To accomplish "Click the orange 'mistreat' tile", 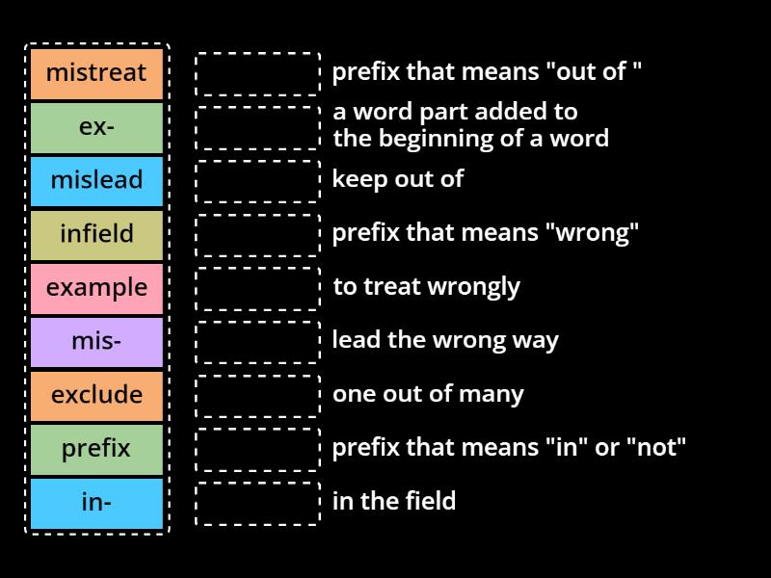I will [96, 73].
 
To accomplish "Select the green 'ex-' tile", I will [96, 127].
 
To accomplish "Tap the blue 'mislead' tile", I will [96, 180].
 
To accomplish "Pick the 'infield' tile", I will [96, 234].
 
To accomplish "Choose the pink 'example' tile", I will [96, 288].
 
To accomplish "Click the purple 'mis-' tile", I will [96, 341].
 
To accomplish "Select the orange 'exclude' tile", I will [96, 395].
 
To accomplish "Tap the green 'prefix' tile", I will [96, 449].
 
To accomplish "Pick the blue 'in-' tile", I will [96, 502].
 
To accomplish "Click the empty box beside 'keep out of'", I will [257, 180].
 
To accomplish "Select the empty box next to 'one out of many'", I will [257, 395].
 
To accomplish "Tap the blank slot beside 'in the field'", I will [257, 503].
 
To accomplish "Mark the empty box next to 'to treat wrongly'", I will [257, 288].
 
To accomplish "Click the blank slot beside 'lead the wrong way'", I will [257, 341].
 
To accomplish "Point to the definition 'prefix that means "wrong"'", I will [485, 233].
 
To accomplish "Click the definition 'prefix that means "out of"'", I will [487, 71].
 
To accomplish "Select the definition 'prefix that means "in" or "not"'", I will [509, 448].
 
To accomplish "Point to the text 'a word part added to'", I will [455, 112].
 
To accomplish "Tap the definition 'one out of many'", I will [428, 394].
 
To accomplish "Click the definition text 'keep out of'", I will [397, 179].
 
